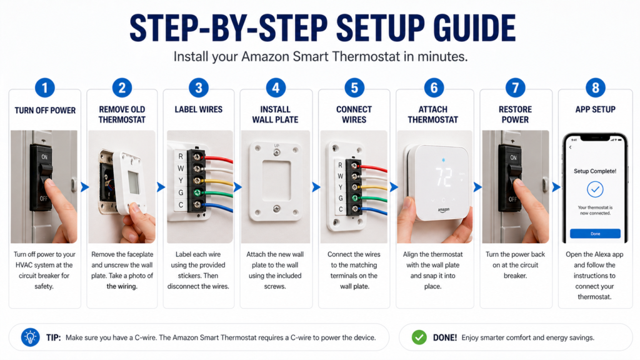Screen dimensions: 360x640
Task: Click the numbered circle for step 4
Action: pos(276,87)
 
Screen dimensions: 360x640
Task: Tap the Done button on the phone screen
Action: pos(595,233)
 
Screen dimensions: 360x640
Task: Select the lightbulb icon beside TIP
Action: pos(30,337)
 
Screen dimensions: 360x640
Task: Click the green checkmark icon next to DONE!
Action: pos(419,337)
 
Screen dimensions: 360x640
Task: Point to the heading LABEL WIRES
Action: pos(198,110)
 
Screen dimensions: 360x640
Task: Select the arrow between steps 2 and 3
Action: pos(161,186)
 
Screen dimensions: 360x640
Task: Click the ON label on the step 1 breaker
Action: pos(44,158)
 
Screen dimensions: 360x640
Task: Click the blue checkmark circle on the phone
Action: pos(595,189)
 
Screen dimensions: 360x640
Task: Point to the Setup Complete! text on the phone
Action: pos(595,170)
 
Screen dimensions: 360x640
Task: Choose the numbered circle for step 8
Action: pos(595,87)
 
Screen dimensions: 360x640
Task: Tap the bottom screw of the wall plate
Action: pos(276,208)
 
